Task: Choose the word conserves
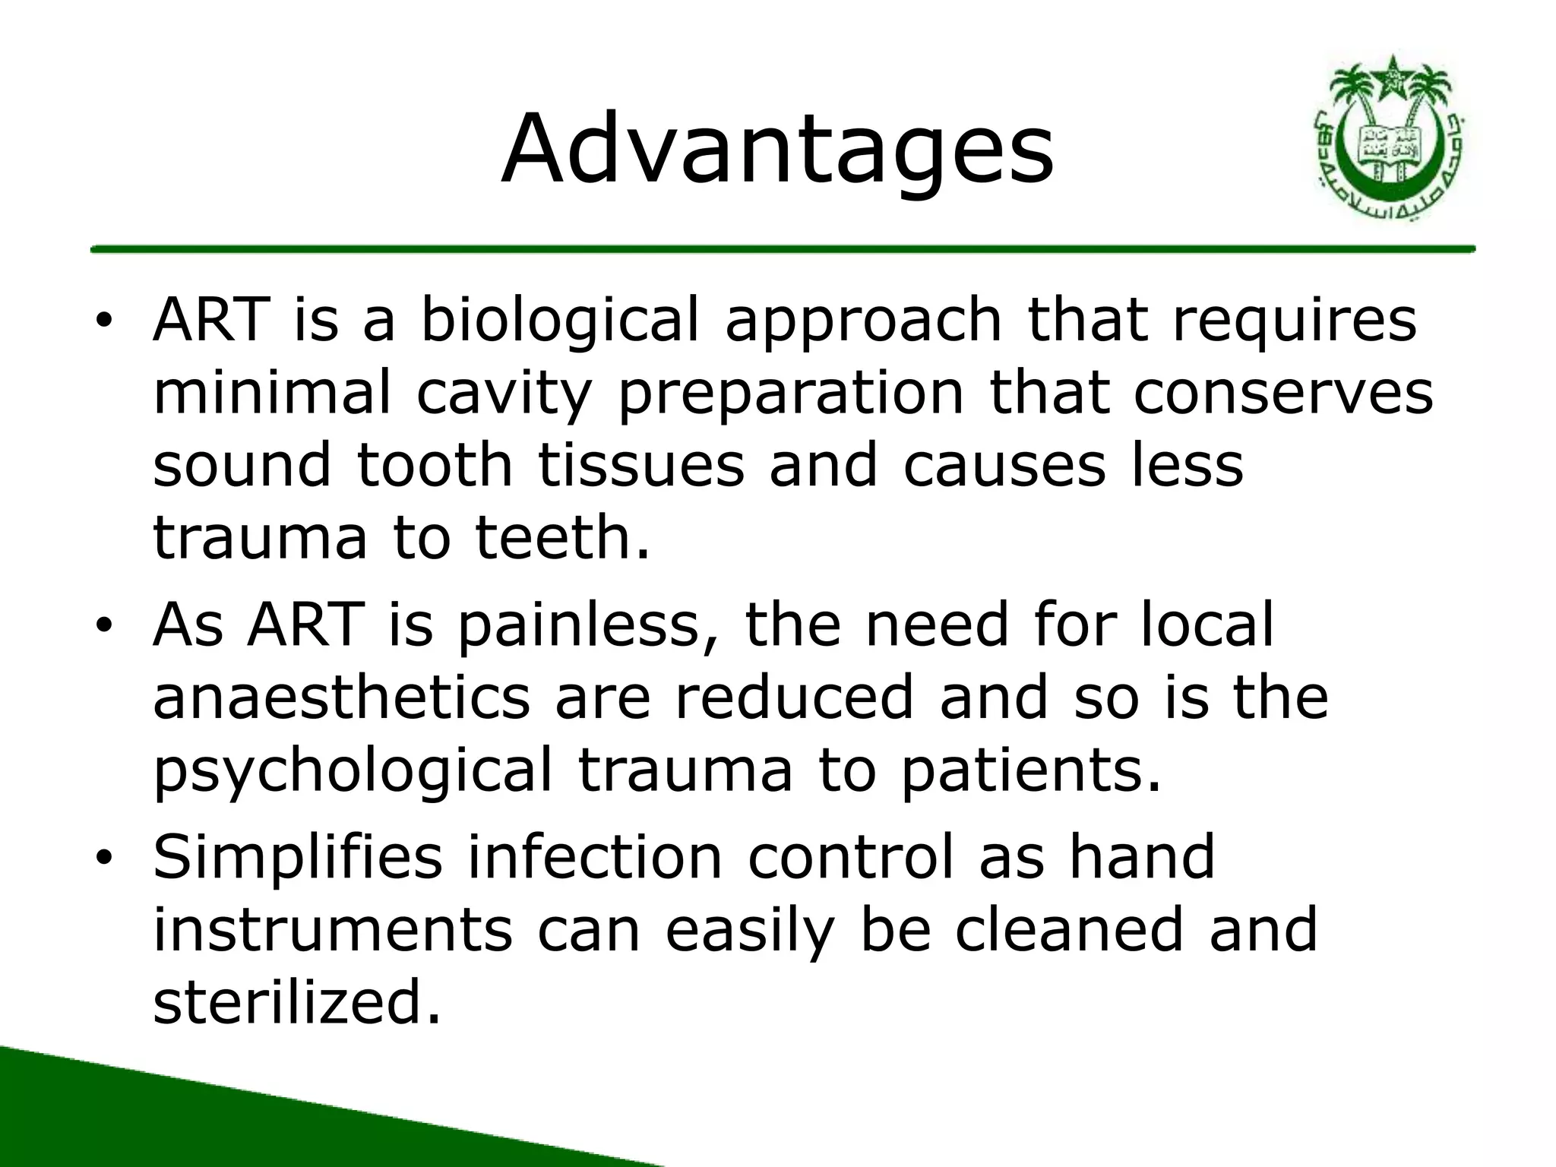[1283, 393]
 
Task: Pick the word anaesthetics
[341, 697]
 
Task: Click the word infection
[594, 856]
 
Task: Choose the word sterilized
[296, 1001]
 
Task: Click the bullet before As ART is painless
[104, 625]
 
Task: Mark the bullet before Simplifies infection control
[104, 858]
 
